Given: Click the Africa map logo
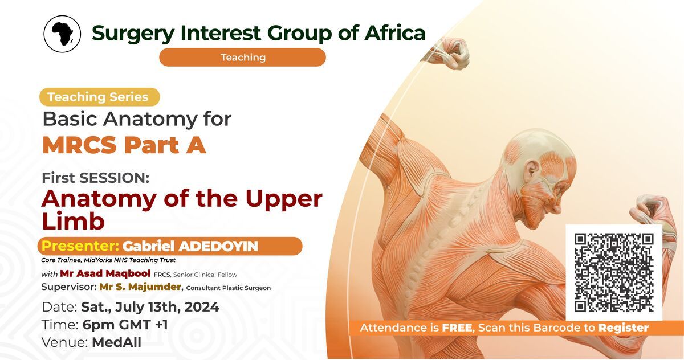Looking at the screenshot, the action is (x=62, y=34).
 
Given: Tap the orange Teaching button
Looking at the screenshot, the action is (x=242, y=57).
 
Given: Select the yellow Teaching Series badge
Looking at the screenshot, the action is (x=100, y=97).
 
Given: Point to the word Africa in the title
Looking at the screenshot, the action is (x=395, y=32).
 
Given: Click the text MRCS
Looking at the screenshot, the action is (x=79, y=145).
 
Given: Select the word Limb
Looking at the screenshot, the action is (x=73, y=220).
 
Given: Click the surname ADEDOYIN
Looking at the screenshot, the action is (x=218, y=246).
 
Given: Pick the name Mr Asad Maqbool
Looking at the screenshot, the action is (x=105, y=273).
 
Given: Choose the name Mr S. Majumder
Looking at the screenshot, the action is (x=140, y=287).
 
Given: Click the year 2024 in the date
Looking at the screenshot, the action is (x=202, y=307).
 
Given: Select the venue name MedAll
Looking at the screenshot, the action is (x=117, y=342).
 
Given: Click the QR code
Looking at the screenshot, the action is (x=614, y=273).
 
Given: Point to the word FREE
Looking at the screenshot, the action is (x=457, y=328).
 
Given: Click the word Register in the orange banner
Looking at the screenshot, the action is (x=623, y=328).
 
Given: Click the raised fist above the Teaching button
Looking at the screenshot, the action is (x=451, y=53).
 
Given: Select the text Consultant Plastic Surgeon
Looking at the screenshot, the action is (x=229, y=288).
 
